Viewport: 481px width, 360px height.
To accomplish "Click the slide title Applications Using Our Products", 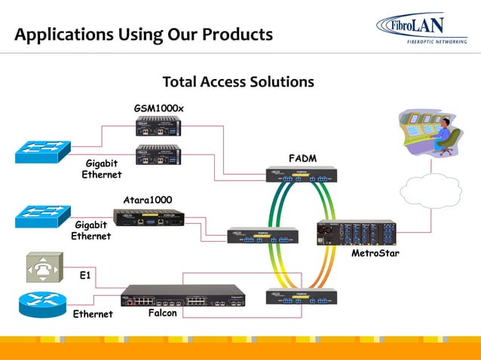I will click(x=143, y=35).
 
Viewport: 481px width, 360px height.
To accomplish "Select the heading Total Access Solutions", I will click(x=238, y=81).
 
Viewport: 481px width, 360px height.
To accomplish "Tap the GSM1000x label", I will click(x=159, y=108).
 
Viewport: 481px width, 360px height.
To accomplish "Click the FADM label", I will click(x=302, y=158).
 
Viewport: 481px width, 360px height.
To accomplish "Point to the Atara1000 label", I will click(x=148, y=200).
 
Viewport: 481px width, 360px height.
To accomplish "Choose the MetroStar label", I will click(x=374, y=253).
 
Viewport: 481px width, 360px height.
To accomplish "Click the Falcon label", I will click(x=162, y=313).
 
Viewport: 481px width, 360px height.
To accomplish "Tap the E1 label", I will click(x=86, y=276).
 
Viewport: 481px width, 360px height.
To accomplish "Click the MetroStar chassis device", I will click(x=356, y=233).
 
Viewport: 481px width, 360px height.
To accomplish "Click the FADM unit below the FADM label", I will click(x=301, y=175).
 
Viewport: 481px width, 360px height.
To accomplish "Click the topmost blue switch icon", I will click(x=42, y=153).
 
